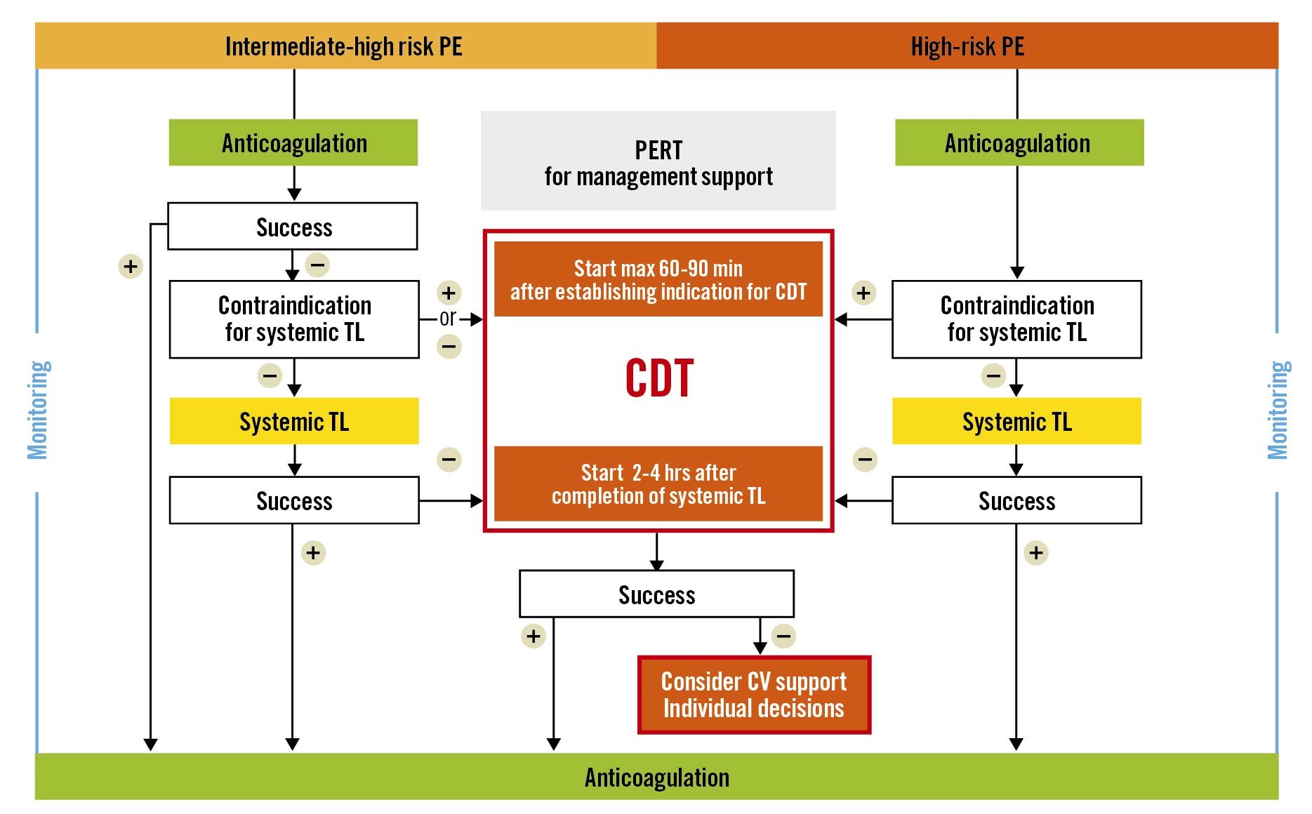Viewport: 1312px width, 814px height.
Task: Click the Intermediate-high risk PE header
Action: coord(345,46)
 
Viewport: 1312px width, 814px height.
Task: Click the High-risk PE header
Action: coord(967,46)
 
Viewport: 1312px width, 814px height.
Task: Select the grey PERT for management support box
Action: coord(658,161)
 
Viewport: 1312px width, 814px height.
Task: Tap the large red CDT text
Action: coord(659,379)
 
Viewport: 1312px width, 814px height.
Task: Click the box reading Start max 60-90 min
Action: coord(658,279)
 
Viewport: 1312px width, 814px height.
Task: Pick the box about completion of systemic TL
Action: coord(658,484)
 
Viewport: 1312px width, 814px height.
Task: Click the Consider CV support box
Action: coord(754,695)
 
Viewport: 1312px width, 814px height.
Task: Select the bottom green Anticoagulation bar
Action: coord(656,777)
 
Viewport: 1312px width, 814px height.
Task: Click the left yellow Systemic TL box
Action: coord(294,422)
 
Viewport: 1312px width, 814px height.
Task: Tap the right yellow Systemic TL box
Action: coord(1016,422)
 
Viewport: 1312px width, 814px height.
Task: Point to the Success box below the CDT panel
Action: coord(656,594)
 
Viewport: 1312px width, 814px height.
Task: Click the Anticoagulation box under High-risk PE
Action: coord(1019,143)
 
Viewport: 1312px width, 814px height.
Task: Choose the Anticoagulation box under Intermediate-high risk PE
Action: coord(293,143)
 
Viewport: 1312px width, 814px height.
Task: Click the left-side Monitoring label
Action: coord(38,411)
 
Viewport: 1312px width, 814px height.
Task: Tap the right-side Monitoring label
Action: coord(1277,411)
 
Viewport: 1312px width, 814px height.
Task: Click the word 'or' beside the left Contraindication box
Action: coord(448,319)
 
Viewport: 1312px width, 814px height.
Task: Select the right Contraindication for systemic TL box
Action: coord(1016,319)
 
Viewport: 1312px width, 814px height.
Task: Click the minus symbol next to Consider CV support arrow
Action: coord(783,636)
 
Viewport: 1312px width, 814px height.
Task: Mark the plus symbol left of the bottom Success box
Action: coord(534,636)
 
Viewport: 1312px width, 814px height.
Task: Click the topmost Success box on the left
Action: coord(293,227)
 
